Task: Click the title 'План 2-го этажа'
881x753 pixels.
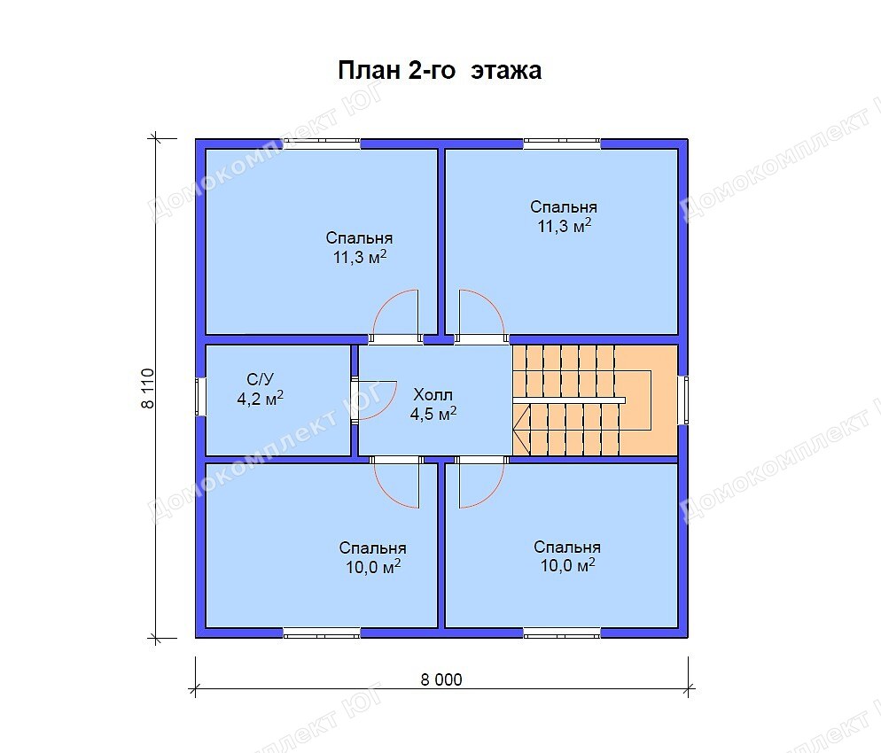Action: [x=440, y=71]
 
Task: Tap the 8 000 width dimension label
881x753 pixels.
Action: [x=441, y=679]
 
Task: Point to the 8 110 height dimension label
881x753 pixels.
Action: [x=147, y=388]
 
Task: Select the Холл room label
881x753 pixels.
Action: [x=433, y=394]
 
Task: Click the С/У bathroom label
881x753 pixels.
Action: [x=261, y=379]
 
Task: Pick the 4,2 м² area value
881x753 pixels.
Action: [x=261, y=398]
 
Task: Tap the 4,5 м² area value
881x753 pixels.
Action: [x=433, y=414]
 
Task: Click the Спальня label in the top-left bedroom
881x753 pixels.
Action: [x=359, y=238]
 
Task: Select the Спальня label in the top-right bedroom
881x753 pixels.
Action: [x=564, y=206]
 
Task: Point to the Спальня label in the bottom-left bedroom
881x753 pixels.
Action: [x=372, y=547]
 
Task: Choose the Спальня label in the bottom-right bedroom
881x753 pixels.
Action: [x=567, y=547]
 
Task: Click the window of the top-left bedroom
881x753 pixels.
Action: [x=322, y=144]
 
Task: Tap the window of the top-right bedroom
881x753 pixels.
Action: [x=562, y=144]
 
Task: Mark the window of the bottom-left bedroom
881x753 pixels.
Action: [x=322, y=633]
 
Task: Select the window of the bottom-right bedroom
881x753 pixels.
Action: [x=562, y=633]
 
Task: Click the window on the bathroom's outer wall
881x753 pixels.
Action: [x=200, y=397]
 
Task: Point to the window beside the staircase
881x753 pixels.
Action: [x=682, y=400]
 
